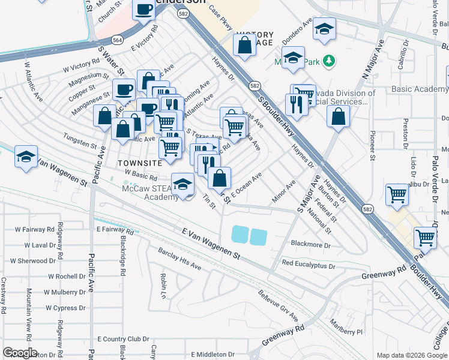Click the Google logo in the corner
coord(20,353)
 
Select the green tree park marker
coord(328,60)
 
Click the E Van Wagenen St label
coord(211,243)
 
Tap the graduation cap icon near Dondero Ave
coord(324,29)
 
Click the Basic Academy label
coord(418,89)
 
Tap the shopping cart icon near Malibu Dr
coord(397,194)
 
